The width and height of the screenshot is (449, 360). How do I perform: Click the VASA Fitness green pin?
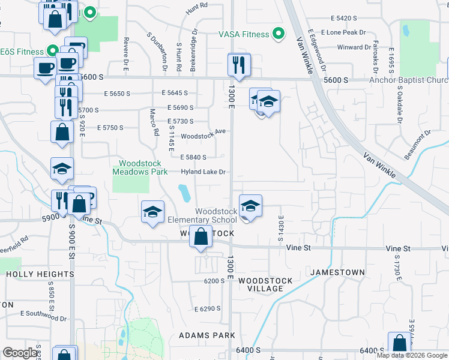tap(278, 34)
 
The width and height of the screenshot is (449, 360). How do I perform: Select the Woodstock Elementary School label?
tap(216, 215)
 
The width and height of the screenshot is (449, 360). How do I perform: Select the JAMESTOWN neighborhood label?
tap(337, 272)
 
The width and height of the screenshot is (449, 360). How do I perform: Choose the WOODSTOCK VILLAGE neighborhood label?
tap(265, 284)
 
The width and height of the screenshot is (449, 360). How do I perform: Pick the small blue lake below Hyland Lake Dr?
tap(185, 193)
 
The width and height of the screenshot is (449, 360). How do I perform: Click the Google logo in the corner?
tap(20, 353)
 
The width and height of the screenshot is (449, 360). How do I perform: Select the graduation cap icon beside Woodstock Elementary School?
tap(250, 206)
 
